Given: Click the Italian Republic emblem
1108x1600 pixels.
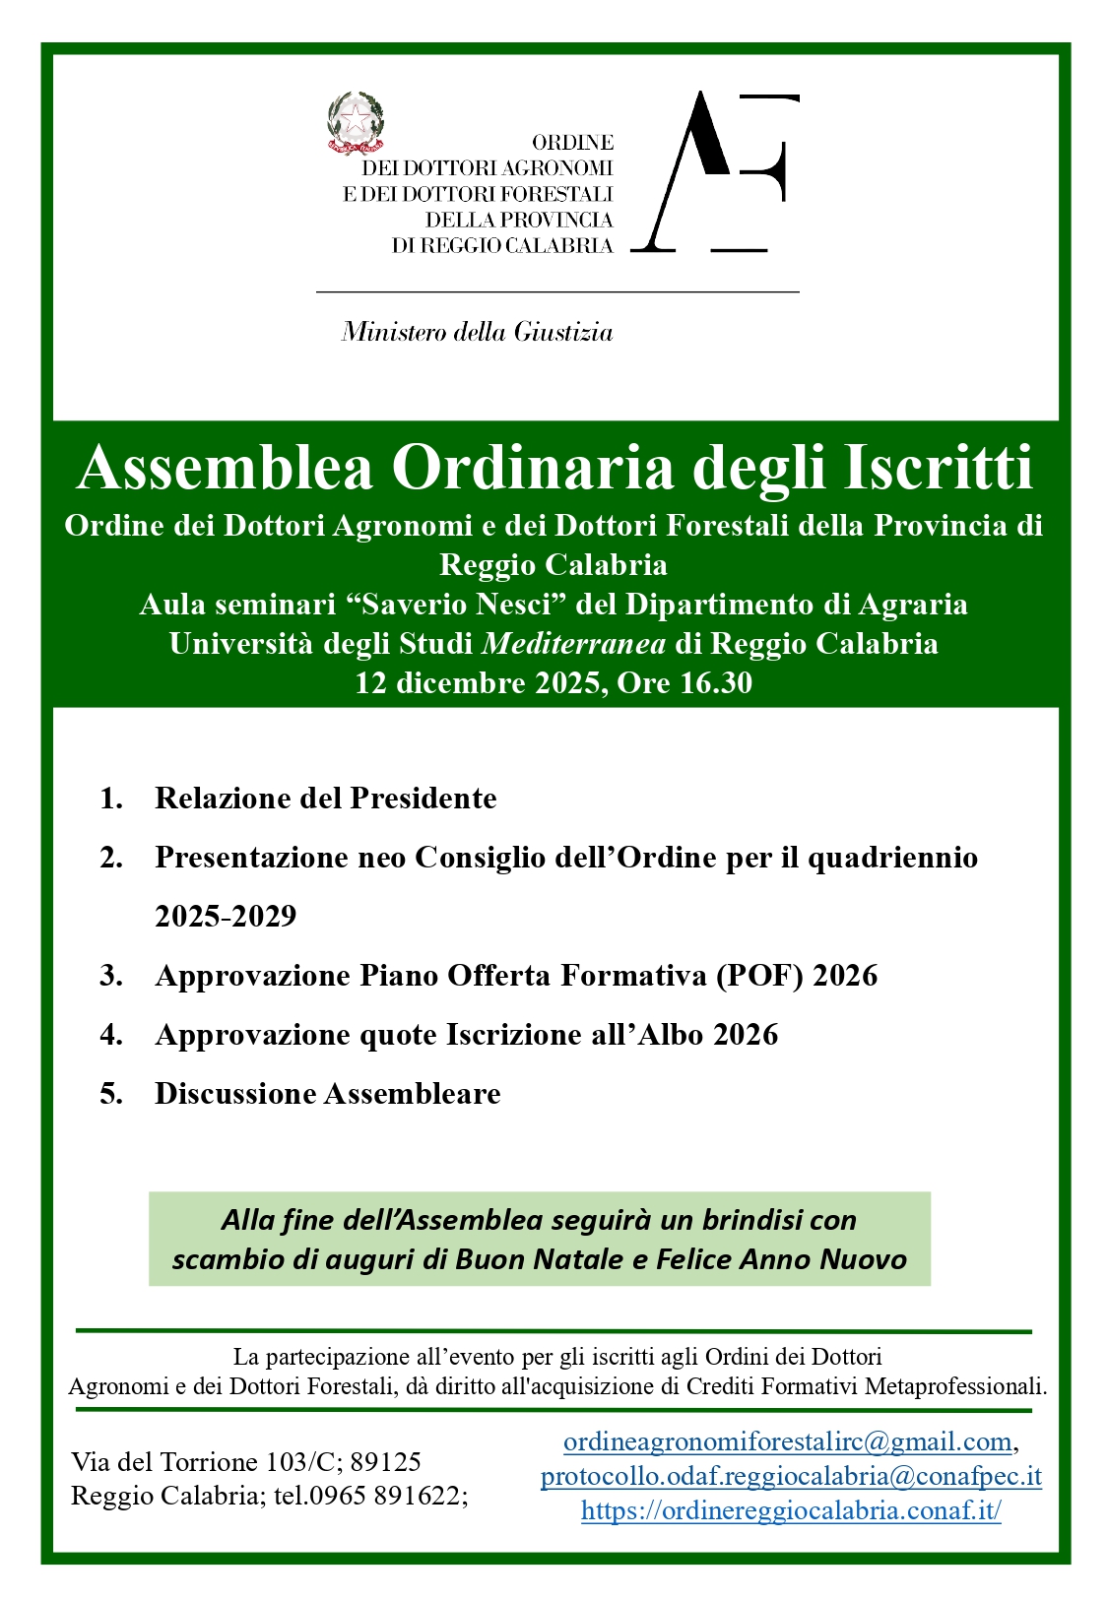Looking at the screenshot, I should point(355,123).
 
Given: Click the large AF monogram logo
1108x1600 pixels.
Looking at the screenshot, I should point(714,172).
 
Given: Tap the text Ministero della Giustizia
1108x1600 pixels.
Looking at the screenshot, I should point(477,333).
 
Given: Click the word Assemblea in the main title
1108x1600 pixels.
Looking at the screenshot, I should point(226,467).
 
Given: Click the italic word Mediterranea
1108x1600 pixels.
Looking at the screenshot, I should point(573,644).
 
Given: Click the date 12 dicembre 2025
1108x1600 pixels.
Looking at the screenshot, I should point(479,682).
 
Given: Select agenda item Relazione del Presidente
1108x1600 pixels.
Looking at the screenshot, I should point(325,798).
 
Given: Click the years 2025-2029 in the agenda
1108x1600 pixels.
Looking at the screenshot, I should point(226,916).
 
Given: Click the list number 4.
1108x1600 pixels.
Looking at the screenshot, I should point(111,1034).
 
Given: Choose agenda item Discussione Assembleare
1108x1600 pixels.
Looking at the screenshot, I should point(327,1093).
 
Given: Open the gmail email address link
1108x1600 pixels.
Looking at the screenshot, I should point(787,1442).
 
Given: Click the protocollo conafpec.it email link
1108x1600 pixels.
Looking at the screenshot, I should point(791,1476).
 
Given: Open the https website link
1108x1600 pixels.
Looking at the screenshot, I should point(791,1510).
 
